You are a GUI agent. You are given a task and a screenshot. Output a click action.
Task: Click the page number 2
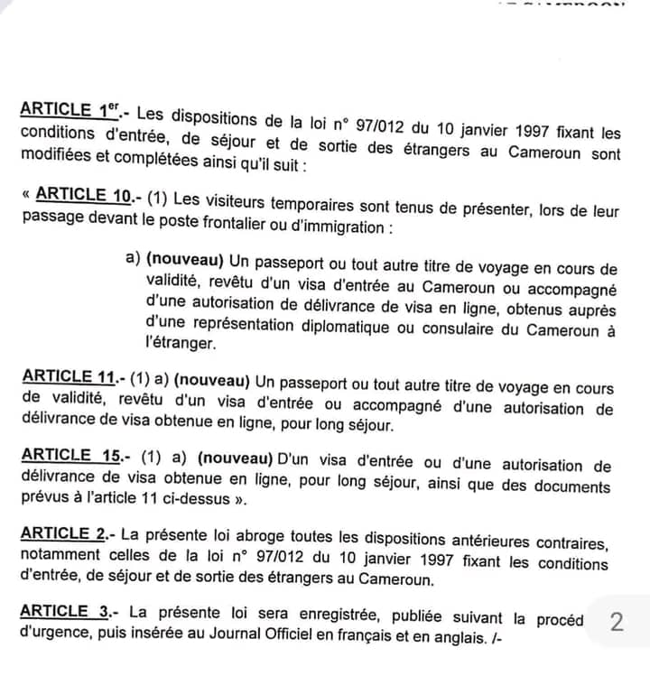[x=617, y=622]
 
